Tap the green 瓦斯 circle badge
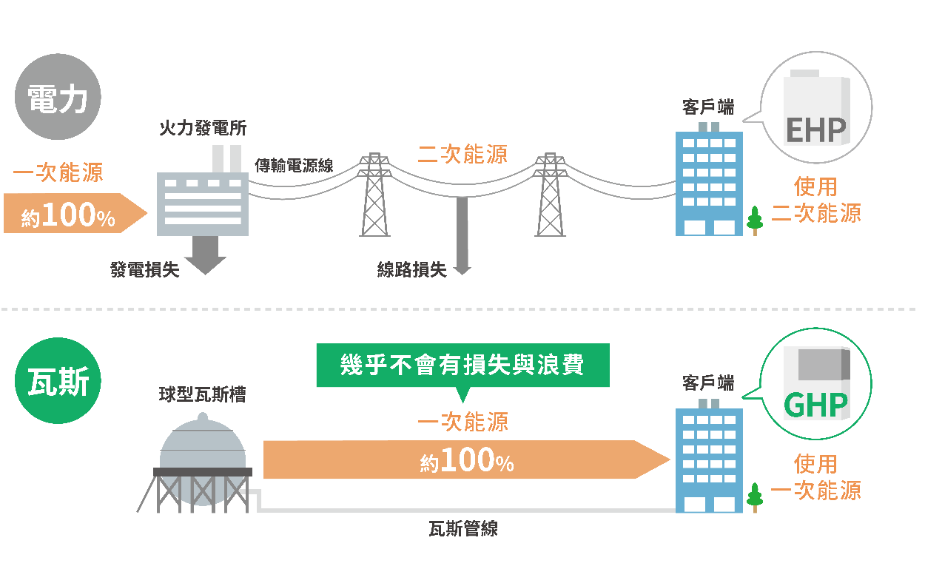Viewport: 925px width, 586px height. click(x=57, y=383)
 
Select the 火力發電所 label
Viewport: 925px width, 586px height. click(x=203, y=128)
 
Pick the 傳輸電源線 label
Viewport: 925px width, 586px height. click(x=294, y=165)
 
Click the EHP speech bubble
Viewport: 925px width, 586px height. click(x=815, y=107)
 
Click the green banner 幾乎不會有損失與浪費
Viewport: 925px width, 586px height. click(x=462, y=365)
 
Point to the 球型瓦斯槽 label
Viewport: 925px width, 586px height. click(x=202, y=394)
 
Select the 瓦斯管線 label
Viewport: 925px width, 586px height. click(x=462, y=528)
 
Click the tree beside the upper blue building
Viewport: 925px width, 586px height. click(x=755, y=220)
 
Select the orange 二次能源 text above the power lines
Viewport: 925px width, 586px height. click(x=462, y=154)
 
